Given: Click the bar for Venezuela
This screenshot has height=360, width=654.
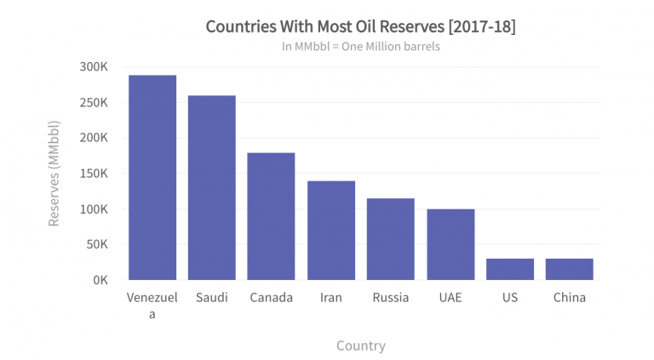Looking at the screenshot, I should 152,177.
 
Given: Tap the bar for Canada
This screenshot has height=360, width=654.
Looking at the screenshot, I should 271,216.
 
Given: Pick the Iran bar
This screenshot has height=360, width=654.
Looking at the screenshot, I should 331,230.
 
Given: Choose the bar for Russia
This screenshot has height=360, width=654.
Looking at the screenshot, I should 391,239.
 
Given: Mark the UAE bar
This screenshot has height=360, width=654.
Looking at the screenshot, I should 450,244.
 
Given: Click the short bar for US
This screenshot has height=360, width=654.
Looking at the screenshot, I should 510,269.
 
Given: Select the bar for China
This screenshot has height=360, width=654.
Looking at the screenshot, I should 569,269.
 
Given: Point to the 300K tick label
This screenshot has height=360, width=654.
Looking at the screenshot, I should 93,67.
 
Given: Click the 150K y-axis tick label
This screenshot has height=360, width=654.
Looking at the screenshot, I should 93,174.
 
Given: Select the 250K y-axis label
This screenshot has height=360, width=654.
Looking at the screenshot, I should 93,103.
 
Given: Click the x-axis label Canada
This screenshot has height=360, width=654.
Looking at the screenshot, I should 271,298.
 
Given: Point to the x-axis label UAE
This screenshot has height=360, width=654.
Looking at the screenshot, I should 450,298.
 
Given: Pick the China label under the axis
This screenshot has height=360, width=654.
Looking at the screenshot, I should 569,298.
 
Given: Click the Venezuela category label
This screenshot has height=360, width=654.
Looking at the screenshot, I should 152,306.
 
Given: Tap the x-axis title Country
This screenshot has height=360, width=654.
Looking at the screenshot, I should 360,346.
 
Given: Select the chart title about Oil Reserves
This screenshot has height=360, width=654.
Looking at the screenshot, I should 360,26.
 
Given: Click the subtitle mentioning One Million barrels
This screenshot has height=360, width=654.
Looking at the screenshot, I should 360,47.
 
